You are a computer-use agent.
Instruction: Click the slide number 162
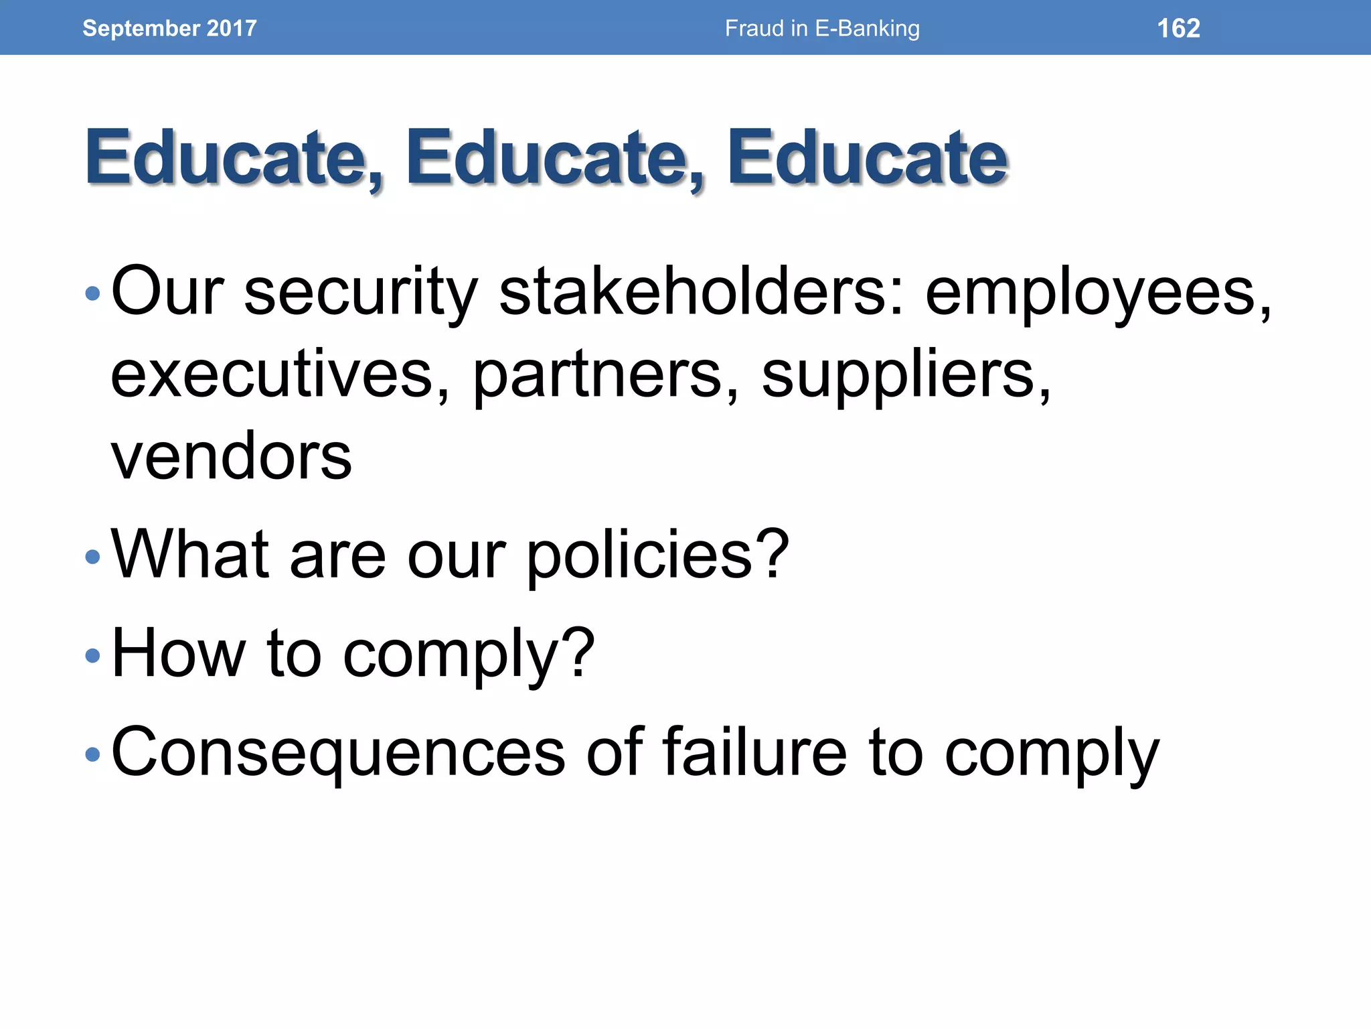pyautogui.click(x=1178, y=28)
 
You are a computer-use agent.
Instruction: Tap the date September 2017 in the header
pyautogui.click(x=169, y=28)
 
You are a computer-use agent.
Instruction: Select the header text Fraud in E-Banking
pyautogui.click(x=822, y=28)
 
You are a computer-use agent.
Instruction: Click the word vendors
pyautogui.click(x=231, y=457)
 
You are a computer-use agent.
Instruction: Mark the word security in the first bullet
pyautogui.click(x=361, y=293)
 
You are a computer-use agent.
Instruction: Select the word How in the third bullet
pyautogui.click(x=178, y=653)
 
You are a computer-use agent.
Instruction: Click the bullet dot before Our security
pyautogui.click(x=92, y=293)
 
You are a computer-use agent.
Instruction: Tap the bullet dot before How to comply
pyautogui.click(x=92, y=655)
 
